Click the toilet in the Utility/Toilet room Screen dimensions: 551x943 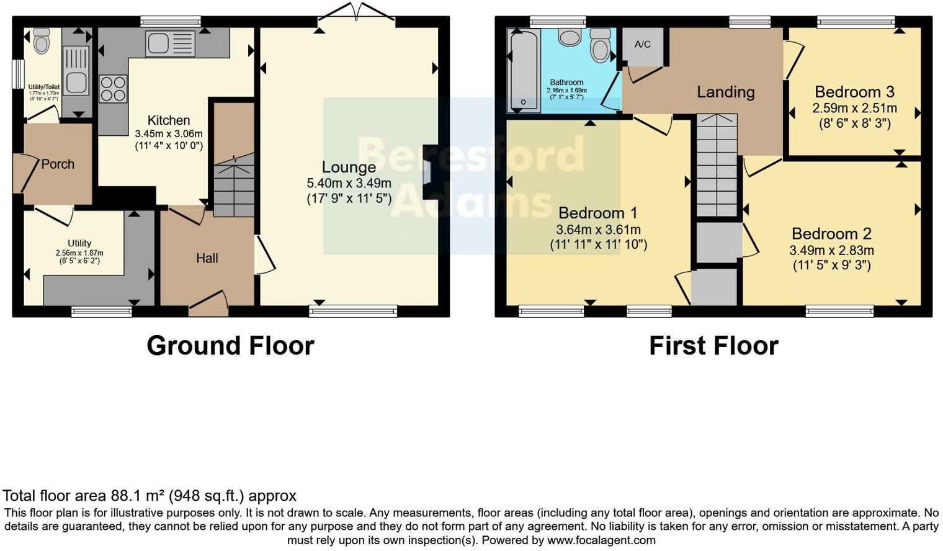[x=42, y=41]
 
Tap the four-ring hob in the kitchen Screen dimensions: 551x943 [x=114, y=88]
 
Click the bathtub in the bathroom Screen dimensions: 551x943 [x=523, y=71]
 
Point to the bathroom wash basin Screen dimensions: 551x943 [x=570, y=37]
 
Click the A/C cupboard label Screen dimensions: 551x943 [x=643, y=44]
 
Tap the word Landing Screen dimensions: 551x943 [x=725, y=92]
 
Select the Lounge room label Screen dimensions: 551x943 [x=349, y=167]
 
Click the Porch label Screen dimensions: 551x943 [x=58, y=164]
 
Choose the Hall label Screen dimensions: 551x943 [x=207, y=258]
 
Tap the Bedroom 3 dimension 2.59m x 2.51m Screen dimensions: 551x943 [x=854, y=108]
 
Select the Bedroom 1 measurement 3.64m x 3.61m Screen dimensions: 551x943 [x=598, y=230]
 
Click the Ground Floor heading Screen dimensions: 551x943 [x=230, y=346]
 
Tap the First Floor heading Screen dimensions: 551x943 [x=713, y=346]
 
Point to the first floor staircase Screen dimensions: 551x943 [x=717, y=165]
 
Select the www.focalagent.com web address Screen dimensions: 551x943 [x=601, y=540]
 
